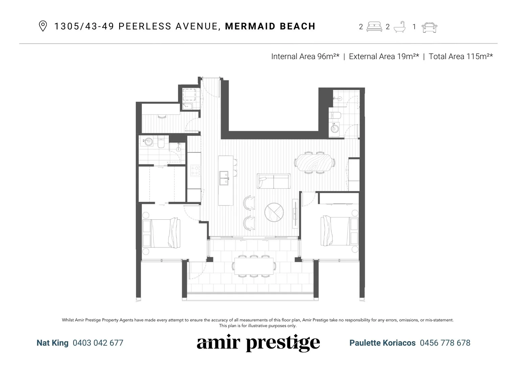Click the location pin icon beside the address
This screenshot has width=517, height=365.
coord(43,26)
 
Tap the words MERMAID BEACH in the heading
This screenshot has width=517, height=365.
coord(270,26)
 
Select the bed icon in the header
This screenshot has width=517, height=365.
coord(374,27)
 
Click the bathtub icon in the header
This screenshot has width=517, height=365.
coord(400,27)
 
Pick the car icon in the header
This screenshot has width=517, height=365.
coord(429,27)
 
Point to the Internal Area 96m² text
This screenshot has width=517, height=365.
coord(305,56)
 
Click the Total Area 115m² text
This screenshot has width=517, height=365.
coord(460,56)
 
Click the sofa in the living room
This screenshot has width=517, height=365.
coord(273,181)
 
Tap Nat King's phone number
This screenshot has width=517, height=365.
coord(98,343)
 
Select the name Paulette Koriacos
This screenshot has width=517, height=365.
coord(382,343)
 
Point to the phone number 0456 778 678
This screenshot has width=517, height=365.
coord(445,343)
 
